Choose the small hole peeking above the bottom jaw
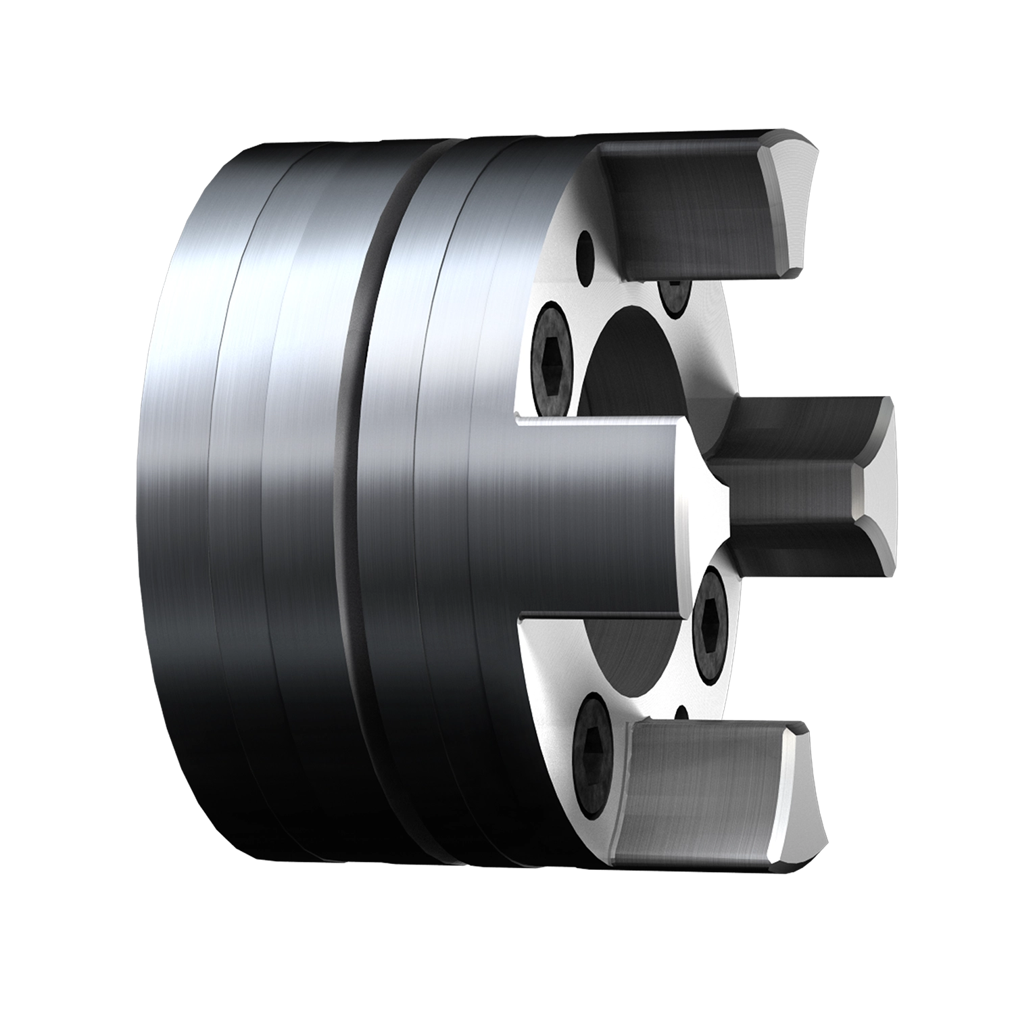click(681, 713)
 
